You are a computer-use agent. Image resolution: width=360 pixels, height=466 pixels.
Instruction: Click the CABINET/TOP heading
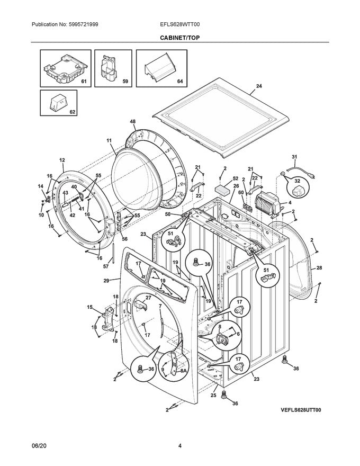[180, 38]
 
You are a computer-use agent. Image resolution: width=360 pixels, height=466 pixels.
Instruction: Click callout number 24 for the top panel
[259, 86]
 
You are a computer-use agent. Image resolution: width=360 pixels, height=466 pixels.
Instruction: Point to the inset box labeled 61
[63, 67]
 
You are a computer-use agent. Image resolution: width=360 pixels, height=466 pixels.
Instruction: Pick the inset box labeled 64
[161, 67]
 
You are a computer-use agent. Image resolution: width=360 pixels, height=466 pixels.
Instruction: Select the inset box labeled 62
[58, 103]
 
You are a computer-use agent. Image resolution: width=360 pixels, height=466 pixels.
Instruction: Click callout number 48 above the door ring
[132, 121]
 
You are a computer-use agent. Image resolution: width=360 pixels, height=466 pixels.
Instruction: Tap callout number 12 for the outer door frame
[62, 160]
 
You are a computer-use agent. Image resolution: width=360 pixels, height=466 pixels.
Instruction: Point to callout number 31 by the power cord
[295, 157]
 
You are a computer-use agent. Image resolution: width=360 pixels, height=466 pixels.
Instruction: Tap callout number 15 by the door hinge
[89, 307]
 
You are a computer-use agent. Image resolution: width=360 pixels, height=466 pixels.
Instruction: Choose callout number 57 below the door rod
[105, 267]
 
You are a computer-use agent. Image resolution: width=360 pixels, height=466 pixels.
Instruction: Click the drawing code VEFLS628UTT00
[298, 410]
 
